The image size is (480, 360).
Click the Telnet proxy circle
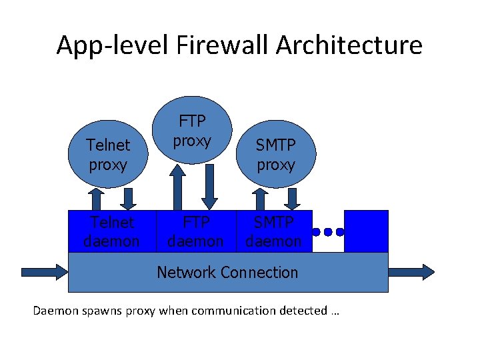click(x=107, y=155)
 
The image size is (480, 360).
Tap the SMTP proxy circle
click(x=275, y=155)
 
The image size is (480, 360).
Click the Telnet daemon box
click(x=111, y=231)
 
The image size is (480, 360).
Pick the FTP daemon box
click(x=195, y=231)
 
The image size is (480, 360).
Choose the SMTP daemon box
click(x=273, y=231)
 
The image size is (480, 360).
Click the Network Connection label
click(x=227, y=272)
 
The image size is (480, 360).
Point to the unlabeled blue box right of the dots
click(x=365, y=231)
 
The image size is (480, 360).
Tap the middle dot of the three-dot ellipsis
click(x=327, y=233)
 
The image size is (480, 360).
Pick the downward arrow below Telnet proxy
click(x=129, y=199)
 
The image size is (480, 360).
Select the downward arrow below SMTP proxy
click(x=291, y=199)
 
